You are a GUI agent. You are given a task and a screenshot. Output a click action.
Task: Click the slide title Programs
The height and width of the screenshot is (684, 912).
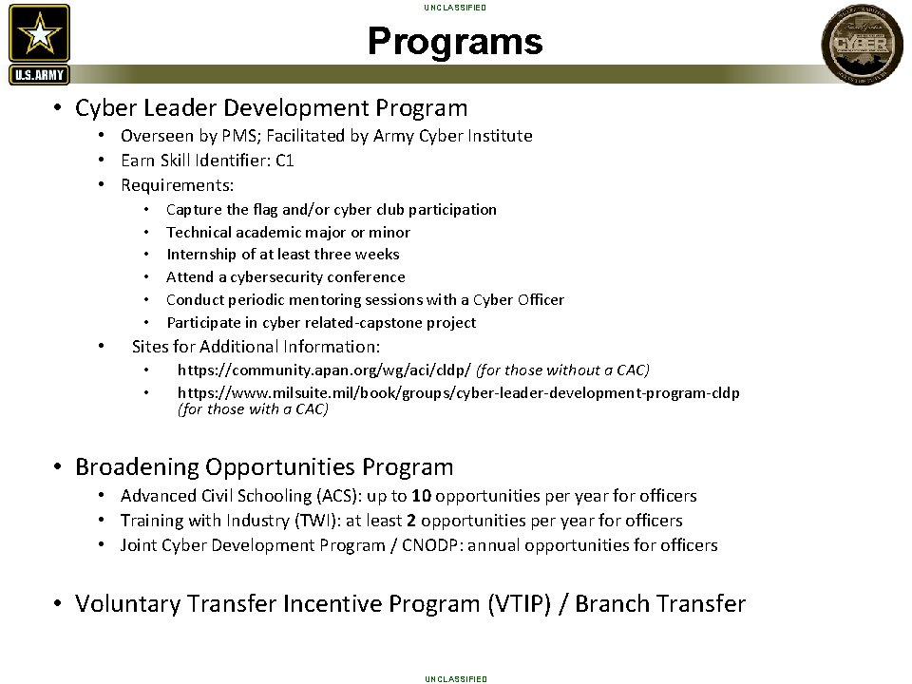[455, 42]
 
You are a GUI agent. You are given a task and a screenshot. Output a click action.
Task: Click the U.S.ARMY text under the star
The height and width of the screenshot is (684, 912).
[39, 75]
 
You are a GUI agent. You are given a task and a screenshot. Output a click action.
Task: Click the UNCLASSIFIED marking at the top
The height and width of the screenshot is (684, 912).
[455, 8]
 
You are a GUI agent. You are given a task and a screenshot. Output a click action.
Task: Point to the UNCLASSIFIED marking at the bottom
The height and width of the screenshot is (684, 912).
[455, 678]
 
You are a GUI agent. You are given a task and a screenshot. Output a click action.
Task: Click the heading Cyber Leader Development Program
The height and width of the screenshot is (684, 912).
[271, 108]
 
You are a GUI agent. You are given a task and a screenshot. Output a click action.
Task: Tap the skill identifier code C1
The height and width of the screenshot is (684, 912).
[284, 160]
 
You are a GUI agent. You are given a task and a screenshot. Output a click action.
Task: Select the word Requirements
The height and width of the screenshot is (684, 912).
[177, 184]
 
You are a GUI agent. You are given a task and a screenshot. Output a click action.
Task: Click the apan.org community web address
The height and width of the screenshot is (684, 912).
[324, 370]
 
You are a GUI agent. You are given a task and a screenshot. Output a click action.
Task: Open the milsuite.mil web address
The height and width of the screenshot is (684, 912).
[458, 392]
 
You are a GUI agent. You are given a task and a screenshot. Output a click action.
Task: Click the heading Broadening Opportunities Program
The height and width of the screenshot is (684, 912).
[264, 467]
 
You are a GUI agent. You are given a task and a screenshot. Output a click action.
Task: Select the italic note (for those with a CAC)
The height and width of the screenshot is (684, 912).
[253, 409]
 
